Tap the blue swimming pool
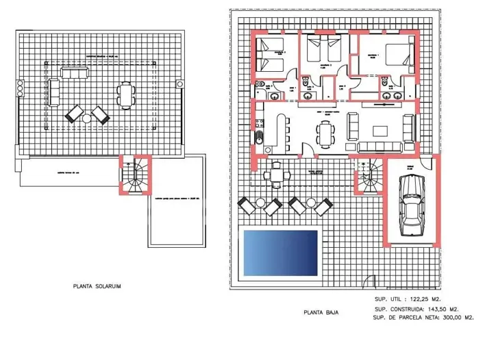(281, 251)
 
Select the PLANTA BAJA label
(323, 313)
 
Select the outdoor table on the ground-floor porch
(276, 175)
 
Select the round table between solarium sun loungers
(86, 118)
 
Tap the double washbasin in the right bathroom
(391, 96)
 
